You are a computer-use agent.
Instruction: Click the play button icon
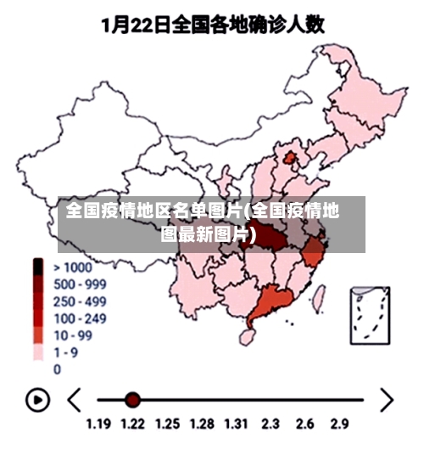[x=37, y=399]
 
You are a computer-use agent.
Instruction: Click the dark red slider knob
[x=132, y=399]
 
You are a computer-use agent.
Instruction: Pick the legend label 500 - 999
[x=80, y=284]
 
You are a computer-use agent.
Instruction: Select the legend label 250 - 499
[x=80, y=301]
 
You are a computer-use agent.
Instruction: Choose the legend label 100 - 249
[x=80, y=318]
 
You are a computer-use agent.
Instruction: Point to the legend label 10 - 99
[x=73, y=335]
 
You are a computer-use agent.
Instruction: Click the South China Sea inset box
[x=371, y=314]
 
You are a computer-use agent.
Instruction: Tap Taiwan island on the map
[x=321, y=296]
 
